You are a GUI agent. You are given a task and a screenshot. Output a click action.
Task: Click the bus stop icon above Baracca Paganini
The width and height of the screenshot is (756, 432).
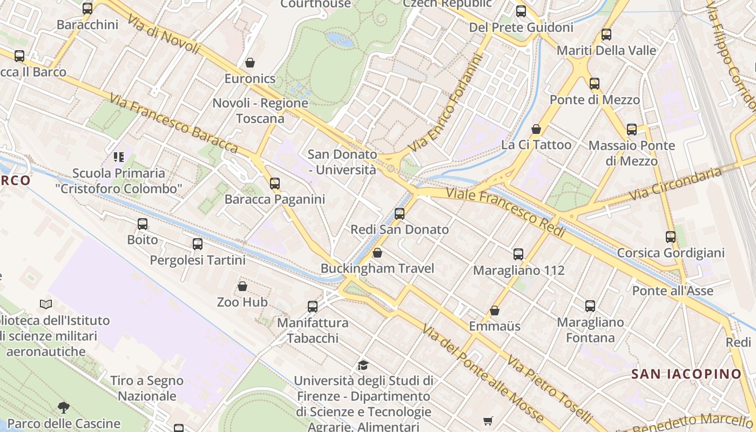click(x=275, y=184)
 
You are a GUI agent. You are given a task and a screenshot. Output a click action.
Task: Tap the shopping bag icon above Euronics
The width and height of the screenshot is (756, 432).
click(x=250, y=63)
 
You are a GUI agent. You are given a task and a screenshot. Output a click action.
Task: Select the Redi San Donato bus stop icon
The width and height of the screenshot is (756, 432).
click(x=400, y=214)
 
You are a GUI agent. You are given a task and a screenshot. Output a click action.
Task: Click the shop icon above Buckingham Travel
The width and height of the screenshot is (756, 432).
click(x=377, y=253)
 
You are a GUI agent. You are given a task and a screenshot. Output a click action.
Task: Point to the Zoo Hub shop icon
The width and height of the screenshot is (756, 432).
click(x=242, y=286)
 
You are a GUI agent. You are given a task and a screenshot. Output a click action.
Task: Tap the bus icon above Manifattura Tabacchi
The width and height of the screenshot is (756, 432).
click(x=313, y=307)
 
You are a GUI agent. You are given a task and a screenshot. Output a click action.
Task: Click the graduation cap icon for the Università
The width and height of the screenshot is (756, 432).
click(x=363, y=366)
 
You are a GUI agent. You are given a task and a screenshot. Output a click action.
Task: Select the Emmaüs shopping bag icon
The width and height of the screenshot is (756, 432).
click(x=495, y=310)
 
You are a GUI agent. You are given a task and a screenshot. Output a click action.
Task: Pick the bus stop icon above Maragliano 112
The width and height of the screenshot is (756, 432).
click(x=518, y=254)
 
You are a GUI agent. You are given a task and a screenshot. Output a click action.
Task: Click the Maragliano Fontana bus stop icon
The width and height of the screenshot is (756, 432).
click(x=590, y=306)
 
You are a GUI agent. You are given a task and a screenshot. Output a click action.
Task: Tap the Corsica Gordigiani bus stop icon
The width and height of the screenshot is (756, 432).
click(x=671, y=237)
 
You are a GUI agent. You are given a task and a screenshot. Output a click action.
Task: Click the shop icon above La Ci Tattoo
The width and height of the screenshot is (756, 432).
click(x=536, y=129)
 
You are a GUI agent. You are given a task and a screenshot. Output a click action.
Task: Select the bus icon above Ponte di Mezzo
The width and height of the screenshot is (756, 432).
click(x=595, y=84)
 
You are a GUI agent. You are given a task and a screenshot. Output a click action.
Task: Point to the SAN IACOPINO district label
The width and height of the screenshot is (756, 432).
click(x=686, y=374)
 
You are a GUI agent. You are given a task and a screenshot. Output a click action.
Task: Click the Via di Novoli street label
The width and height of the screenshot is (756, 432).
click(x=164, y=34)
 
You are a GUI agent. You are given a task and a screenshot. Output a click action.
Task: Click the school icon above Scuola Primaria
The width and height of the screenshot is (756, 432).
click(x=119, y=157)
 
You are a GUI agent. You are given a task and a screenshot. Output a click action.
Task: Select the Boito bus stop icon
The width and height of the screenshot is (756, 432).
click(x=143, y=224)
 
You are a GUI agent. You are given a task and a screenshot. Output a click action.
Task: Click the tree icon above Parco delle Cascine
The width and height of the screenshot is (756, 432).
click(x=64, y=407)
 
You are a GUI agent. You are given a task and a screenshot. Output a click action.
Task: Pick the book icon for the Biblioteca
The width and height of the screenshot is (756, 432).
click(x=46, y=305)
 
